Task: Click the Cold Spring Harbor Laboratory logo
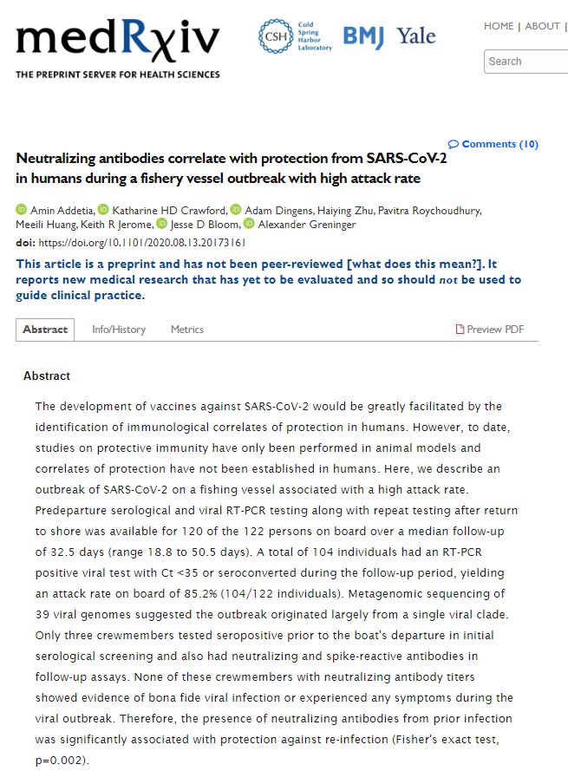pos(294,36)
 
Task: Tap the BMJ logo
pos(364,36)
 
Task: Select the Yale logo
pos(416,36)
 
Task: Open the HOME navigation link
pos(499,26)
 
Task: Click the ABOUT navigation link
pos(542,26)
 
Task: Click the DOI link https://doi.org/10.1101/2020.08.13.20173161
pos(142,242)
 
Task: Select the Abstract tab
pos(45,330)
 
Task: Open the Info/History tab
pos(119,330)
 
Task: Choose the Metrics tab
pos(187,330)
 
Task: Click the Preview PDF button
pos(490,330)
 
